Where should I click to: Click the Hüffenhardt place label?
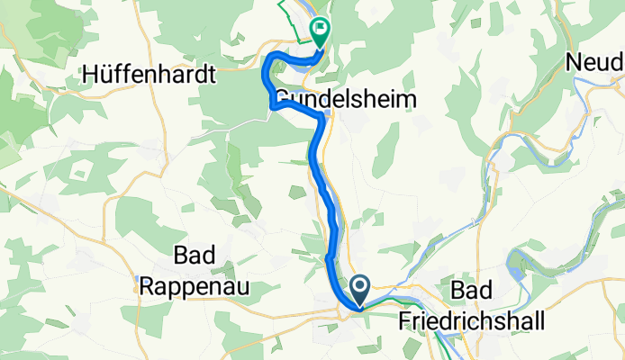pyautogui.click(x=149, y=76)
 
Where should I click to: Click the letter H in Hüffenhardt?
pyautogui.click(x=89, y=76)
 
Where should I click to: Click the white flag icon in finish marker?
pyautogui.click(x=319, y=30)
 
